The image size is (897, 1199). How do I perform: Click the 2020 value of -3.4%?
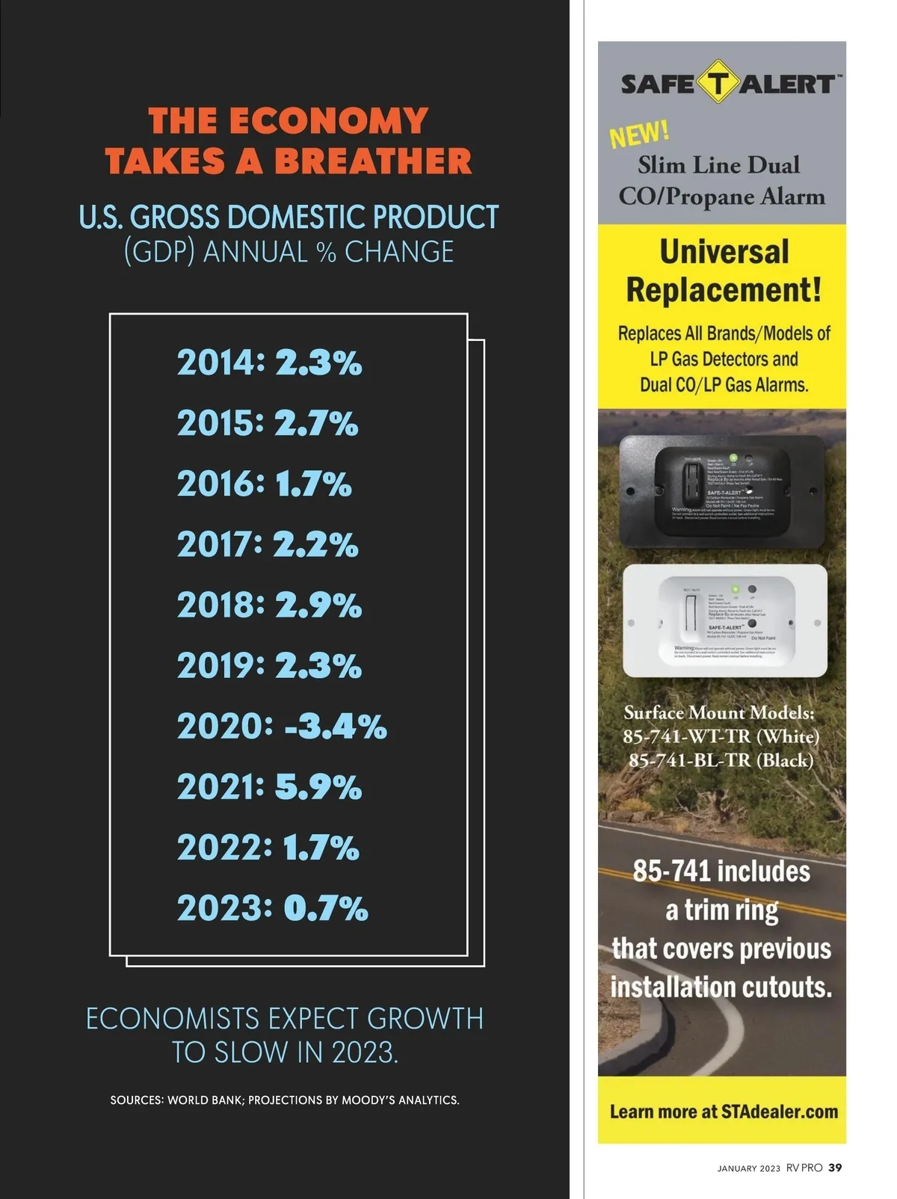(336, 727)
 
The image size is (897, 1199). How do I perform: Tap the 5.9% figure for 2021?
(318, 787)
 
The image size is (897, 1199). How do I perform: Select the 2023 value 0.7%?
(326, 908)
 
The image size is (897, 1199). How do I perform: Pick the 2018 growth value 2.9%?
(318, 605)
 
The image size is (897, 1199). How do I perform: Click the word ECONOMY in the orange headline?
(328, 121)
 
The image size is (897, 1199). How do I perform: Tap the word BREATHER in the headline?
(373, 161)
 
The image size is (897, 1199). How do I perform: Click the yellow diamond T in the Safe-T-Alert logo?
(718, 82)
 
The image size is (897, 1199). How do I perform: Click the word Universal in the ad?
(724, 252)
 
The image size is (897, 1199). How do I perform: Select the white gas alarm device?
(724, 620)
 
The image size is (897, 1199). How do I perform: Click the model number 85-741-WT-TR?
(688, 736)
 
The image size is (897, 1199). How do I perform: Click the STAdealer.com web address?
(780, 1112)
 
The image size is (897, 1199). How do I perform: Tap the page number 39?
(835, 1168)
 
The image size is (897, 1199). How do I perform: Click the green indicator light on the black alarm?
(734, 457)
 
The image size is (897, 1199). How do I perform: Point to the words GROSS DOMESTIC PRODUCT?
(314, 218)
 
